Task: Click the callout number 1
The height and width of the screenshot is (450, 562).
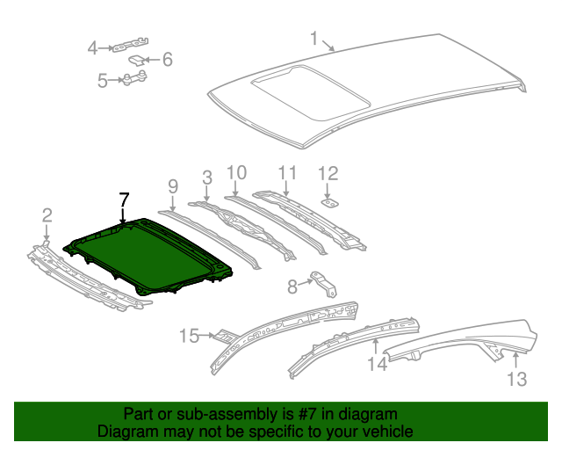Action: point(313,38)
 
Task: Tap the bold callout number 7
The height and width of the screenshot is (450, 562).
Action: point(123,199)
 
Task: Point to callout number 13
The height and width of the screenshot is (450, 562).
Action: point(516,379)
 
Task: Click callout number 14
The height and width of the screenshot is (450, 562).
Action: point(376,362)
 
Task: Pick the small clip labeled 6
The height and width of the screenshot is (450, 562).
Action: point(137,61)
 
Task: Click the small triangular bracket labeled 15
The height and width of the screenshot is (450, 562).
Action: point(224,336)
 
